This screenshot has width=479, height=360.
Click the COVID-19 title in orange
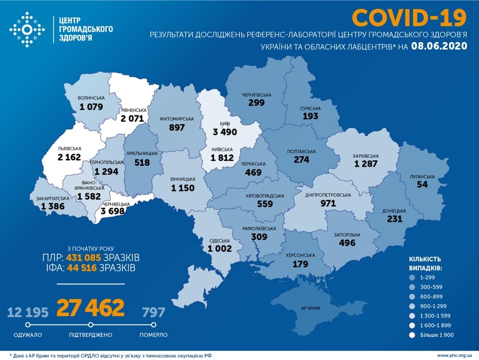pos(409,17)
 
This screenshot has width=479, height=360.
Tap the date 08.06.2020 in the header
pos(440,46)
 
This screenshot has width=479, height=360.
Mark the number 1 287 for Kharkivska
pos(366,164)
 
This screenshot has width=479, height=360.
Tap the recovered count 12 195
pos(28,313)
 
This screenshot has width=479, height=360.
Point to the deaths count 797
pos(153,313)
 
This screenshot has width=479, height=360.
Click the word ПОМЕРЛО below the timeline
pos(154,335)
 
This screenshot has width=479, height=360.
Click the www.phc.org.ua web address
pos(454,356)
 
